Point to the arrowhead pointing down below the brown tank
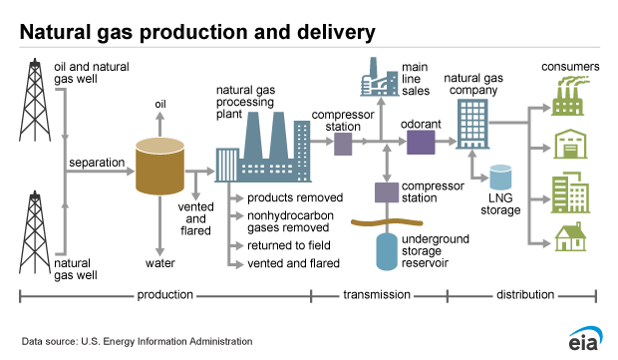159,253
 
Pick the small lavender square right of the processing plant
343,143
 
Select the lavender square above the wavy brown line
387,191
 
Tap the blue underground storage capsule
387,250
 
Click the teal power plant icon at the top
379,77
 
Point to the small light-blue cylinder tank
499,178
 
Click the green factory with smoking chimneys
570,96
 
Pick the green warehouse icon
570,147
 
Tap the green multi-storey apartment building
570,192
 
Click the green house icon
570,236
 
